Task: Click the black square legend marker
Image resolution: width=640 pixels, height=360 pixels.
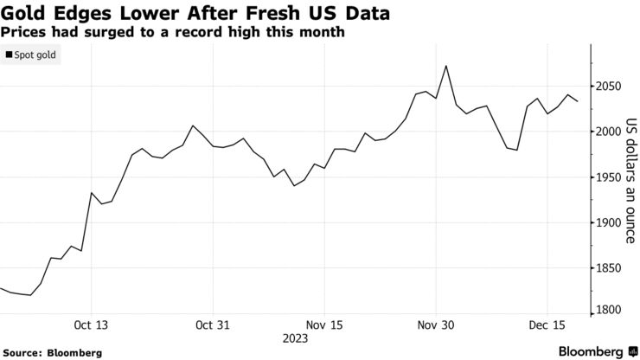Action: click(9, 55)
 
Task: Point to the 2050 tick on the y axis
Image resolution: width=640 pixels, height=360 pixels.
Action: click(611, 87)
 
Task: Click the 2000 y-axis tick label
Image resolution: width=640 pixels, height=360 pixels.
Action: click(611, 132)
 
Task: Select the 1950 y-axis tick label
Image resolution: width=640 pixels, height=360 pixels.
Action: click(611, 177)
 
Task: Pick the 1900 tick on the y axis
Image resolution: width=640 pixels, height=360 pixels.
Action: click(611, 222)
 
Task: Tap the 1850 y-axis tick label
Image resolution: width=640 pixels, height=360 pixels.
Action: click(611, 268)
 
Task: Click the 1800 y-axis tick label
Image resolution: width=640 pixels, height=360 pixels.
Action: click(611, 310)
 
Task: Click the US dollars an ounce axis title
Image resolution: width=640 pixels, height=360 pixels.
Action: click(631, 177)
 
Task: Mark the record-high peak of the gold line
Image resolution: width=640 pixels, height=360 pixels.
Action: click(445, 66)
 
